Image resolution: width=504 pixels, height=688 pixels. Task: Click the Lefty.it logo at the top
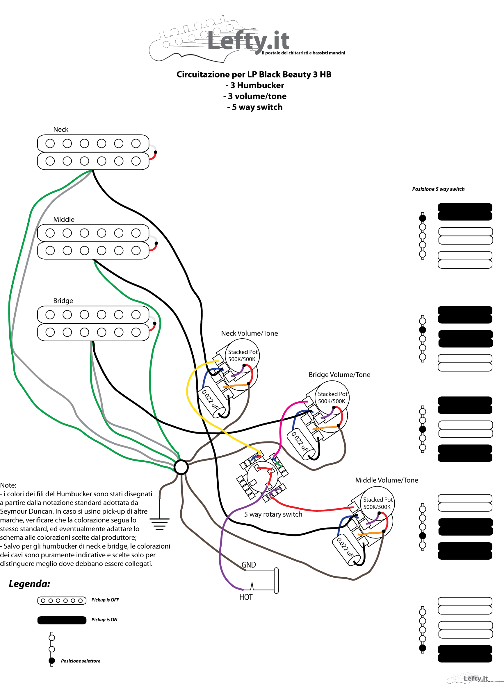coord(247,39)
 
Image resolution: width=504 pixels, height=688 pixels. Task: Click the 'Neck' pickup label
coord(61,130)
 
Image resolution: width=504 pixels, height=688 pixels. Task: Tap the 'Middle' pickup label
coord(64,219)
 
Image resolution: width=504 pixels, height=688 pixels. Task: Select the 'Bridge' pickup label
coord(63,301)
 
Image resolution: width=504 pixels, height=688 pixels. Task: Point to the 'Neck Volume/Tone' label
coord(250,333)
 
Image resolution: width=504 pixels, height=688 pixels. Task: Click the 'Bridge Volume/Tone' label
coord(340,375)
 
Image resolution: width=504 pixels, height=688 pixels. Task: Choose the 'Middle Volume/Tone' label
coord(387,480)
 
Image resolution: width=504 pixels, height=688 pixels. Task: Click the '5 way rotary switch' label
coord(273,514)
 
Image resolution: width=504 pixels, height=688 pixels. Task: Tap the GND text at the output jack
coord(249,565)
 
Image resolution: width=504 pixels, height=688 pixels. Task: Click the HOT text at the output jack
coord(246,597)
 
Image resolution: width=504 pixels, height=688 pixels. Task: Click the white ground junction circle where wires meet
coord(181,467)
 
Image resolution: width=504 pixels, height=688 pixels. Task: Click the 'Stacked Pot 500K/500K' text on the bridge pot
coord(332,398)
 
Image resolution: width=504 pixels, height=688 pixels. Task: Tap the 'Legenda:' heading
coord(29,584)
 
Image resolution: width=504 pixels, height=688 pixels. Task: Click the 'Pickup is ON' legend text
coord(104,620)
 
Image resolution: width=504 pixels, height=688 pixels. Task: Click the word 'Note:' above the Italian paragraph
coord(8,485)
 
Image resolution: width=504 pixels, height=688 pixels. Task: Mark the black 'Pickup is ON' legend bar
coord(62,620)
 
